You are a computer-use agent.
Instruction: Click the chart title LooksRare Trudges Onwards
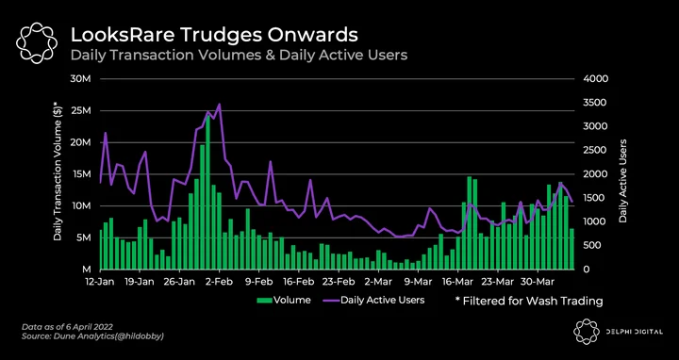pos(214,35)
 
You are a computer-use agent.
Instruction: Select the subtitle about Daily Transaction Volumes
pos(239,56)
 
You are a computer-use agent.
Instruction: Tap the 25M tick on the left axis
pos(80,111)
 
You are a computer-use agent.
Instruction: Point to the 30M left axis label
pos(80,79)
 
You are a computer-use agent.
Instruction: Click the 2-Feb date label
pos(220,282)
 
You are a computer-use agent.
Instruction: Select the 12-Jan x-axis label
pos(100,282)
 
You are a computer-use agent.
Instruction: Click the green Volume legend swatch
pos(264,300)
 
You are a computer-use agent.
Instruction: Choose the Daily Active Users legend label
pos(382,300)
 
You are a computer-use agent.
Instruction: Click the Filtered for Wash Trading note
pos(529,301)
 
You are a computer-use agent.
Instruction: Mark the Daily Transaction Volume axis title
pos(58,171)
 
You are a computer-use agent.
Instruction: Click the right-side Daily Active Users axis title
pos(623,181)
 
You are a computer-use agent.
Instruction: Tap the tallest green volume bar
pos(207,192)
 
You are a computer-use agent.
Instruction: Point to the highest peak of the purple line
pos(220,105)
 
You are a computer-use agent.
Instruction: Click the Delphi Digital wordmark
pos(633,332)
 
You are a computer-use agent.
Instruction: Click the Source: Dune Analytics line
pos(92,336)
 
